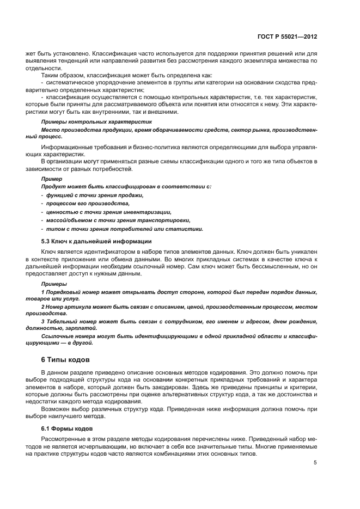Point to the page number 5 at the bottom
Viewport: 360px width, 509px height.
pyautogui.click(x=315, y=463)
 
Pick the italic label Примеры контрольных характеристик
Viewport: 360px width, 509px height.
pyautogui.click(x=96, y=122)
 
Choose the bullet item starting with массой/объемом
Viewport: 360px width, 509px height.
pyautogui.click(x=118, y=220)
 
